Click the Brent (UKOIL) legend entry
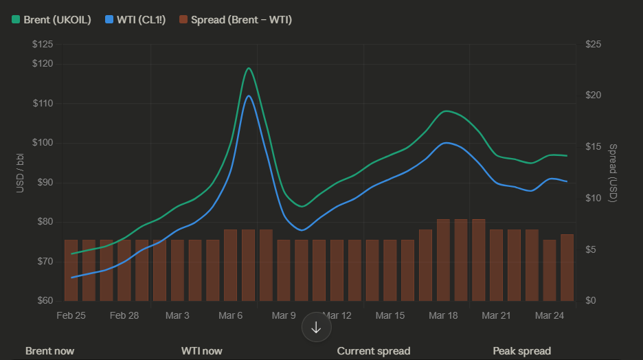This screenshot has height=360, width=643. coord(52,19)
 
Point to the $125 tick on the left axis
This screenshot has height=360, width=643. coord(43,45)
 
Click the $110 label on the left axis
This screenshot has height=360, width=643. coord(43,104)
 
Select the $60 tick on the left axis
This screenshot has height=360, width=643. coord(45,301)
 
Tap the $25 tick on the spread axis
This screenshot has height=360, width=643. coord(593,45)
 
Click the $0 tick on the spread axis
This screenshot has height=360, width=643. coord(591,301)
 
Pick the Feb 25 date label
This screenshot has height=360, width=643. coord(71,316)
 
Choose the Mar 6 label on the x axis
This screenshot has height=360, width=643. coord(231,316)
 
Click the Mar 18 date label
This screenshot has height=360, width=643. coord(443,316)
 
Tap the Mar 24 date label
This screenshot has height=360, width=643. coord(549,316)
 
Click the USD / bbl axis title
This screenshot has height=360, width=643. coord(20,172)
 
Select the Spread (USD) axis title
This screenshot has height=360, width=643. coord(613,172)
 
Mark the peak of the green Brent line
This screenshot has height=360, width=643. coord(249,68)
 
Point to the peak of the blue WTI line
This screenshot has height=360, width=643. coord(249,95)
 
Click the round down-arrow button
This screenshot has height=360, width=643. coord(317,327)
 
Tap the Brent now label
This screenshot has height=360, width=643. coord(49,351)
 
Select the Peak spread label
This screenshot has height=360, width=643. coord(521,351)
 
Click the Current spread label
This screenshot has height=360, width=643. coord(374,351)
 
